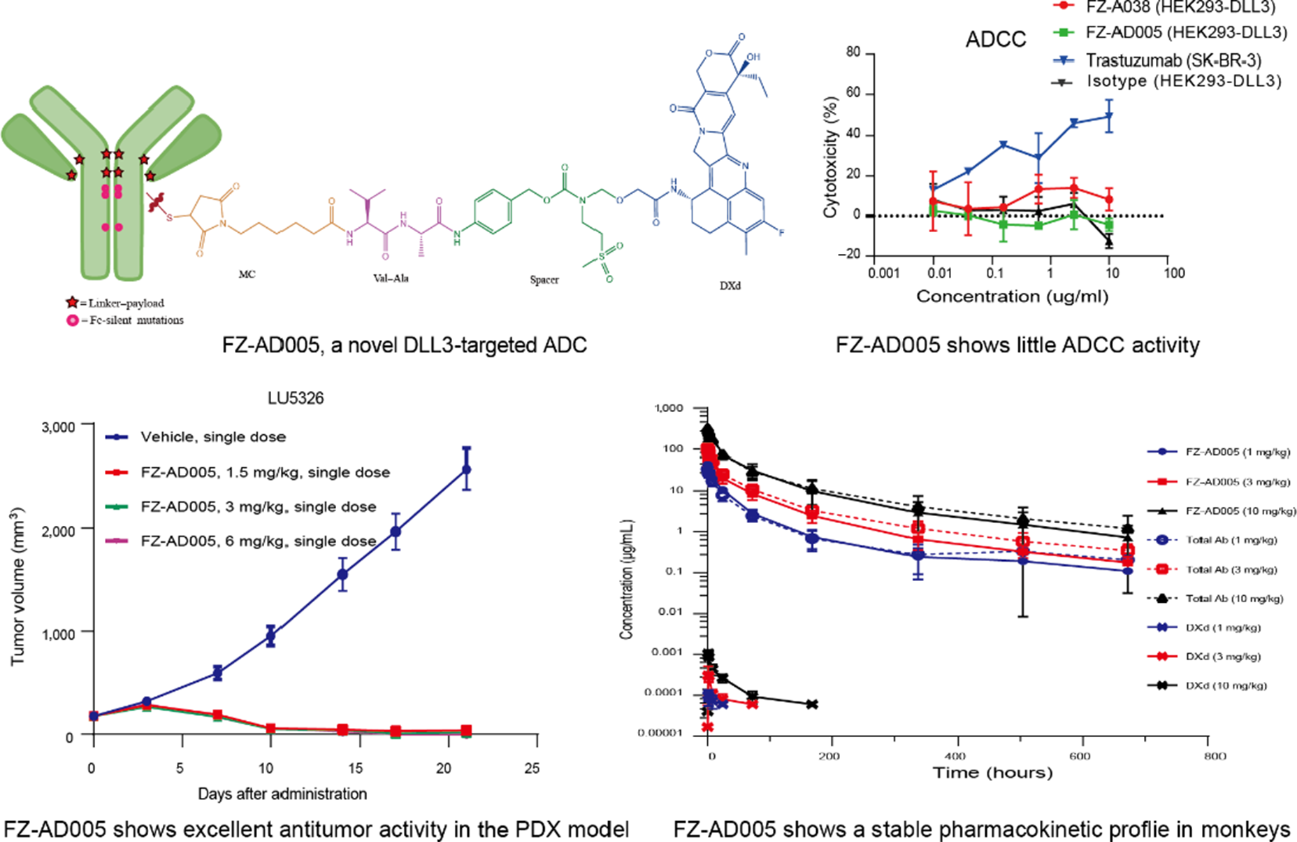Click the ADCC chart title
click(995, 39)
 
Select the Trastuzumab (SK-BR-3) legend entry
click(1173, 60)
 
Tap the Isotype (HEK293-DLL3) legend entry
click(1183, 81)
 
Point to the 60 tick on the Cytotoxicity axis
click(852, 94)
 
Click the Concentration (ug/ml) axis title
click(1012, 297)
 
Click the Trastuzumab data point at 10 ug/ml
click(1108, 116)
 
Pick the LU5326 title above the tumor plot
click(296, 399)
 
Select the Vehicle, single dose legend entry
click(212, 437)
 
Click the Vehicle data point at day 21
click(466, 469)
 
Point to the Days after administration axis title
click(282, 794)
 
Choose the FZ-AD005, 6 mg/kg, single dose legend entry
click(258, 541)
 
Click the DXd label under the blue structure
click(730, 286)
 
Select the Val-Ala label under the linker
click(391, 278)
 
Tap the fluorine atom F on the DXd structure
click(781, 232)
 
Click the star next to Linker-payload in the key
click(71, 303)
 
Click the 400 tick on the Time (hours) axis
click(955, 756)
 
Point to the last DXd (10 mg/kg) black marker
click(811, 704)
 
